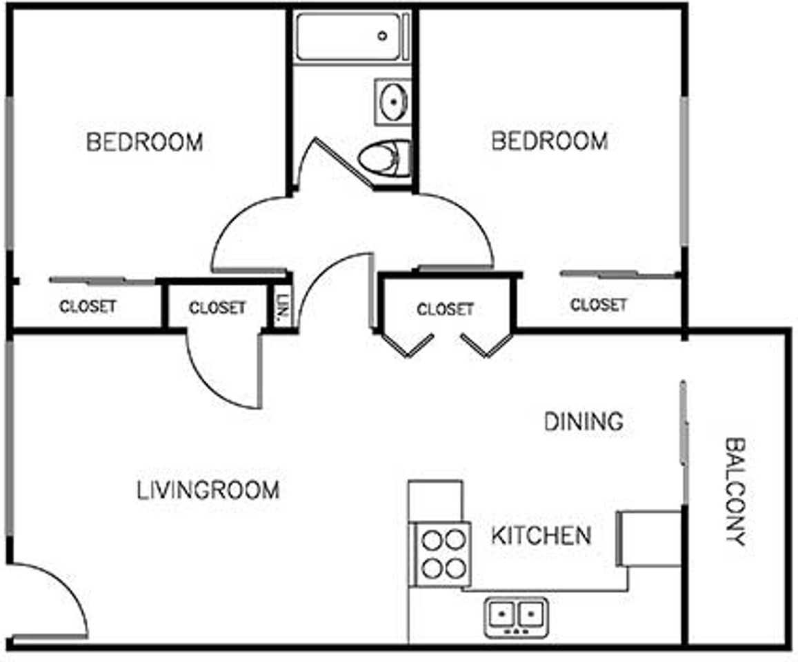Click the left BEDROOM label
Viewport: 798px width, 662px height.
145,142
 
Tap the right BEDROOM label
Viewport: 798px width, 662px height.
550,141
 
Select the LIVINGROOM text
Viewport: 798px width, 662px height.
208,490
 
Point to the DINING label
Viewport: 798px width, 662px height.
583,421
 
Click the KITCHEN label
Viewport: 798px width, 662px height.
541,535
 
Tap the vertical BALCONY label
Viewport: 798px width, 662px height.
735,492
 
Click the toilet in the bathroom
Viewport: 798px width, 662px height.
384,158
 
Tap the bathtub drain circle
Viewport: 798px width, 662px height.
382,36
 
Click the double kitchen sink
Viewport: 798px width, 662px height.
516,617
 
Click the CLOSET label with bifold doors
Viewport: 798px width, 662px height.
446,309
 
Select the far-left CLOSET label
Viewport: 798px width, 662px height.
88,306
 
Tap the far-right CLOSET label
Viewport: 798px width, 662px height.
599,305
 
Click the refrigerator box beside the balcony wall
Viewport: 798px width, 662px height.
649,539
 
